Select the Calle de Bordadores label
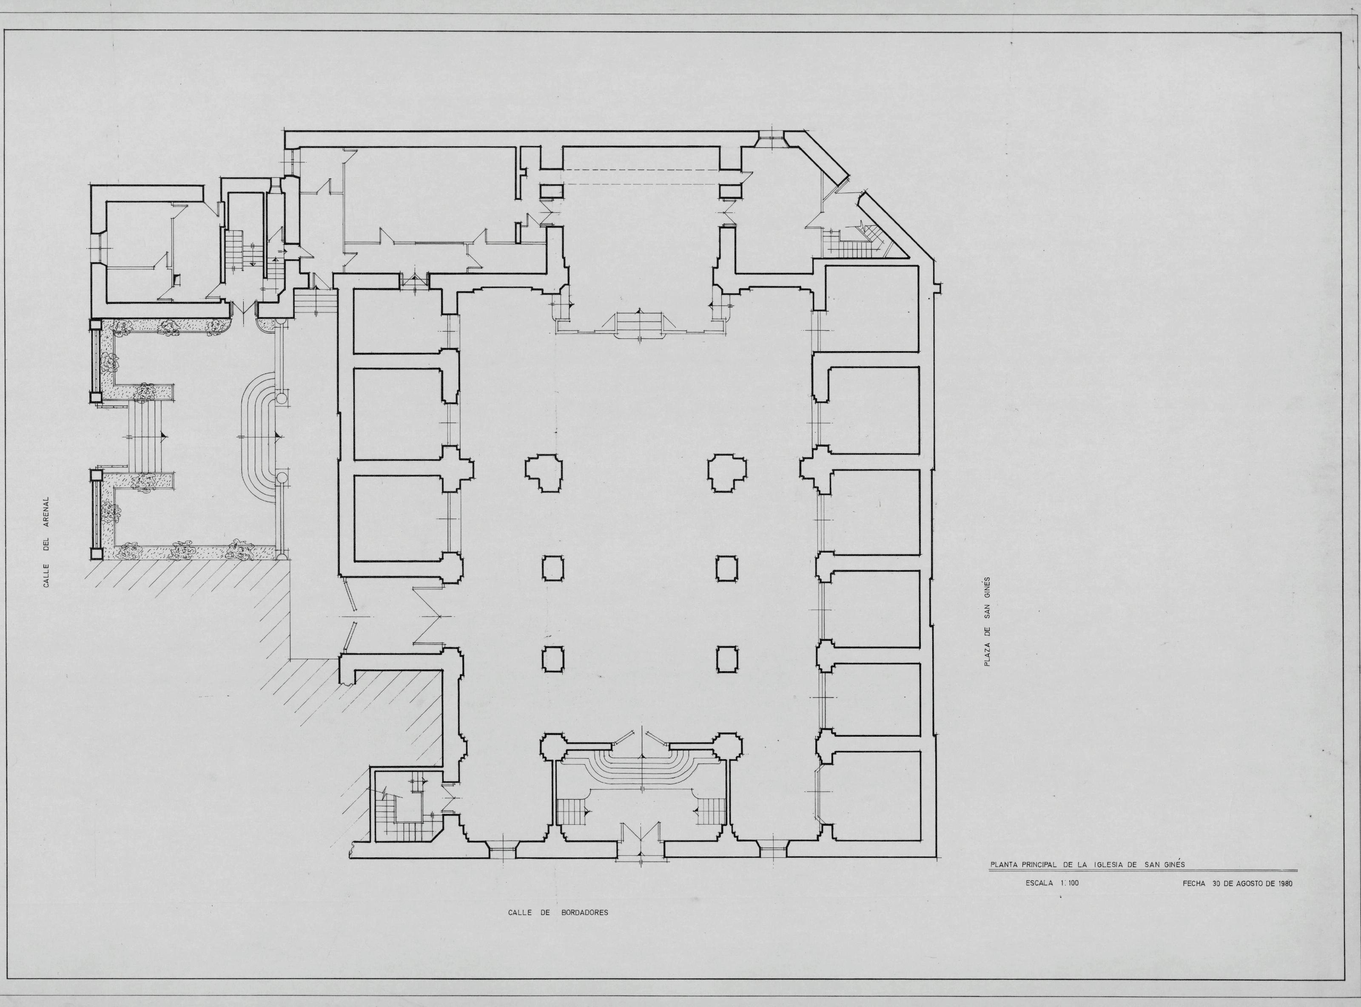(558, 913)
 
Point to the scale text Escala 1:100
(1053, 882)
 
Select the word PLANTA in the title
(1007, 864)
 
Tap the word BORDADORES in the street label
(585, 913)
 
